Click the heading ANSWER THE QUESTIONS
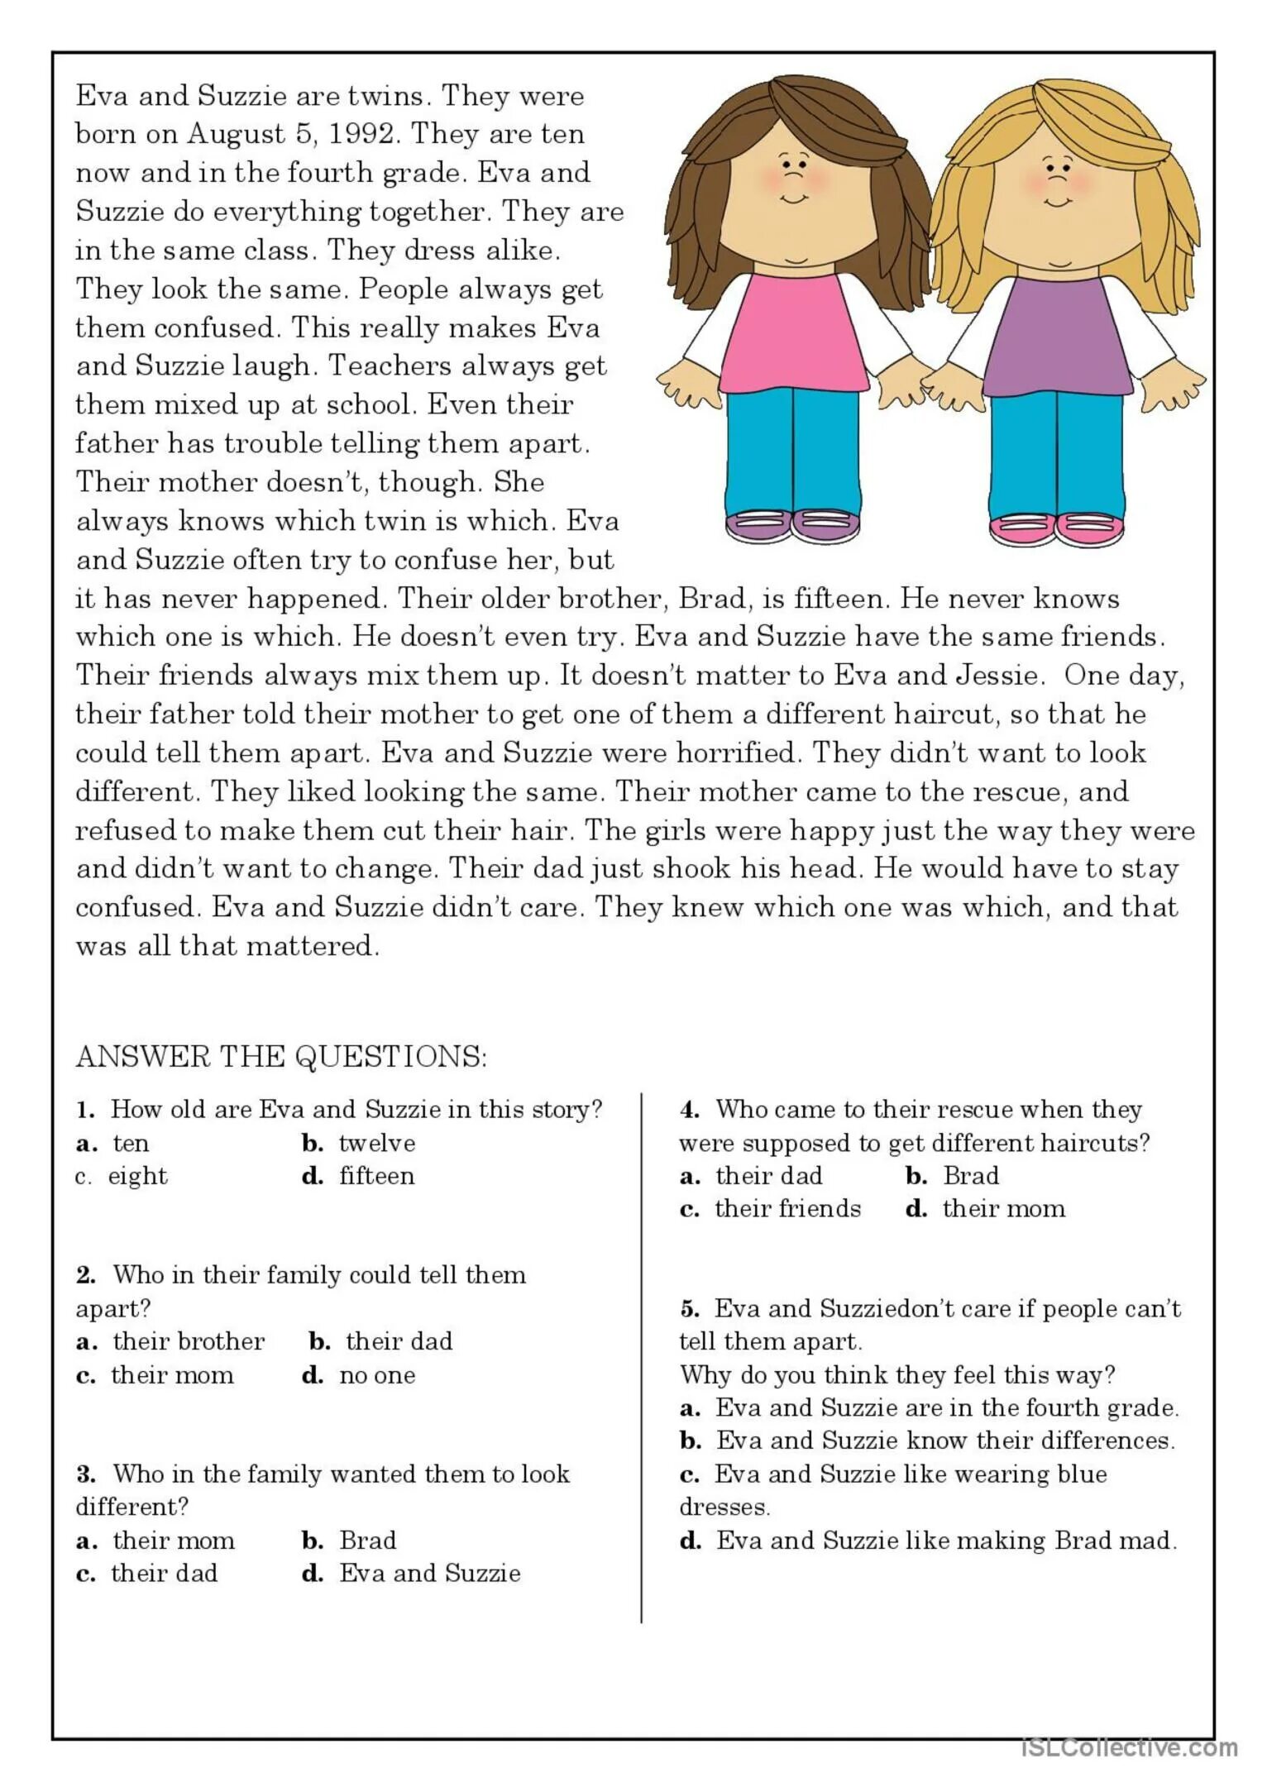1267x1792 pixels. (x=281, y=1057)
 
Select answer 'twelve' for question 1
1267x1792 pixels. (x=376, y=1144)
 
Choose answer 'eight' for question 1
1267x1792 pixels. (x=137, y=1176)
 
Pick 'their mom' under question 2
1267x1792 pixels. (x=172, y=1375)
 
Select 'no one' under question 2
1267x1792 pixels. (x=376, y=1375)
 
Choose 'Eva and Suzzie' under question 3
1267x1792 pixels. (x=429, y=1573)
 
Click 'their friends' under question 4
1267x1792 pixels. (x=787, y=1209)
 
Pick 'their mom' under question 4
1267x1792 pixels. (x=1003, y=1209)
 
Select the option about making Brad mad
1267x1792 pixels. (x=945, y=1541)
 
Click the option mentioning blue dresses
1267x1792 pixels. (x=910, y=1474)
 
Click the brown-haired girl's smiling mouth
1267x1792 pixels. (x=794, y=199)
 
